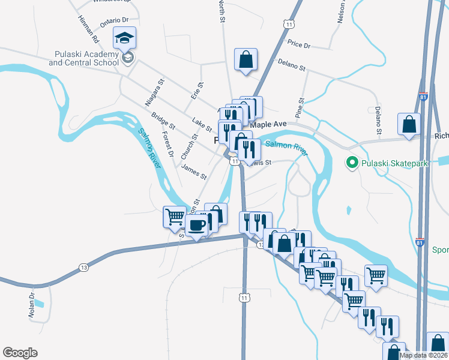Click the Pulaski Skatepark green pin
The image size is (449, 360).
point(351,163)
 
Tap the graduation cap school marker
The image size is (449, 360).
point(125,39)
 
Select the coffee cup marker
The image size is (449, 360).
point(197,226)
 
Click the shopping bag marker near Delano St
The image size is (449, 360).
point(246,60)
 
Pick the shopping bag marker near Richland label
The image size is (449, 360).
point(409,125)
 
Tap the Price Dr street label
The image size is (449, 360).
point(298,44)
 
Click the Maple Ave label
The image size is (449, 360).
point(268,124)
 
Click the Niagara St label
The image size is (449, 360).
point(154,94)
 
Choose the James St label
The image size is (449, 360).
point(194,173)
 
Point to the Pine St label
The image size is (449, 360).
point(300,108)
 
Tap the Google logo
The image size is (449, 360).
point(20,353)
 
